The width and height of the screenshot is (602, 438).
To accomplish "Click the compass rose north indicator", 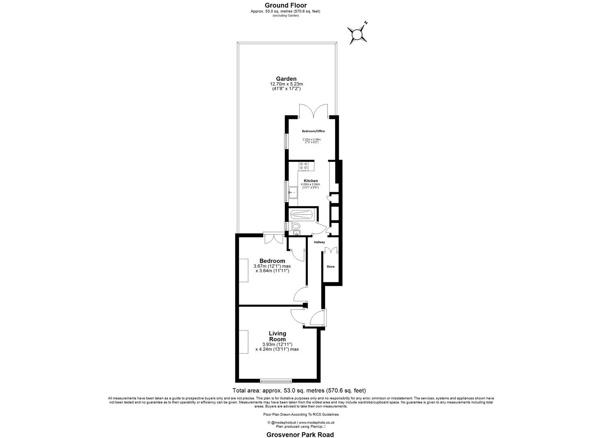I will [357, 34].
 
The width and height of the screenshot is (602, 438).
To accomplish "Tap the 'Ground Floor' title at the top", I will [285, 5].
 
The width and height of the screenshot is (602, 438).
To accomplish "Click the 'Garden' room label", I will [286, 79].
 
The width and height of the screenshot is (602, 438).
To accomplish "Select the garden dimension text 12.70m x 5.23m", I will [286, 84].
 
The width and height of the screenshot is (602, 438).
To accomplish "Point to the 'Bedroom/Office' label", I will [313, 131].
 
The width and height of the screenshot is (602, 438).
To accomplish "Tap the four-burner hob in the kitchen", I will [304, 165].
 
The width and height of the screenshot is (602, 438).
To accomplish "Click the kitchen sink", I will [293, 193].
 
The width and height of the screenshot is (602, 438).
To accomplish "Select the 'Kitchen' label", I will [311, 180].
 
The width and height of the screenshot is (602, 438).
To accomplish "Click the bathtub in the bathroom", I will [302, 215].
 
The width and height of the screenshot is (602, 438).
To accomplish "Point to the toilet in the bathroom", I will [296, 226].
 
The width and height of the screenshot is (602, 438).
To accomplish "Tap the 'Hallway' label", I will [319, 242].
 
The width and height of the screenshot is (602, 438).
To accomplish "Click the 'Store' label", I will [331, 266].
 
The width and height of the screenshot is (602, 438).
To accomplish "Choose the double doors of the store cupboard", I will [331, 250].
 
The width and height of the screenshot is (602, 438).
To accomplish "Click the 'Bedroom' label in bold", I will [272, 261].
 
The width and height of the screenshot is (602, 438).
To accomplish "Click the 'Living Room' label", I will [277, 336].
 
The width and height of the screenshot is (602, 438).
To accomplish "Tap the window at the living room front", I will [276, 380].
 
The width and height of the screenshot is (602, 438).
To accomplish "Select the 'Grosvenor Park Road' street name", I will [300, 435].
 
